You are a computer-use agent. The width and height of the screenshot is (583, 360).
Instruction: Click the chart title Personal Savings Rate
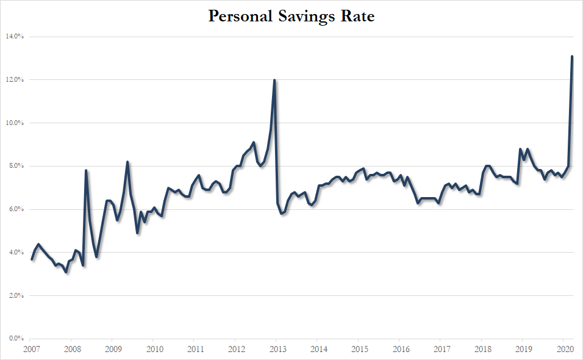(291, 16)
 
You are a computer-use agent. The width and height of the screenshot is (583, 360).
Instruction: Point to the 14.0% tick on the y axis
(15, 37)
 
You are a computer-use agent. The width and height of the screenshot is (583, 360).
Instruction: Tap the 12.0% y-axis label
(15, 80)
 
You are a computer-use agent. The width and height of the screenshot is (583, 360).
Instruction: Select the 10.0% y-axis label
(15, 123)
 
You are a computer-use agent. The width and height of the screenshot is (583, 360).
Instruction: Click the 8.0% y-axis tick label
(16, 166)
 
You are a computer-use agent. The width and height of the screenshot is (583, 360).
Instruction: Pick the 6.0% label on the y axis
(16, 209)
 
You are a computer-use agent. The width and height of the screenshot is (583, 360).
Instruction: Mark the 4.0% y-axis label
(16, 253)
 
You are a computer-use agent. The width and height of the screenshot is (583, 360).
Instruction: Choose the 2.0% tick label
(16, 296)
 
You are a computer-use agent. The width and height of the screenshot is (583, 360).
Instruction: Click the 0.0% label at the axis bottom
(16, 339)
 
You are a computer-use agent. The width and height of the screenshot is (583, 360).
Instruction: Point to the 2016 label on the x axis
(399, 350)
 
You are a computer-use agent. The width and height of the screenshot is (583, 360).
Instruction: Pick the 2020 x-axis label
(563, 350)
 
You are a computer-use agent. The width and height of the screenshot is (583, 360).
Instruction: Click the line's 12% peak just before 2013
(274, 81)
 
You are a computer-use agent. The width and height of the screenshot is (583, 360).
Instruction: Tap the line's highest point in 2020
(571, 57)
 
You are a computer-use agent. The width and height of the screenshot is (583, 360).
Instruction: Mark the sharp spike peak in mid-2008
(86, 171)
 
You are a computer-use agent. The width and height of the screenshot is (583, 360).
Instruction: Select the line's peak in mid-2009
(127, 162)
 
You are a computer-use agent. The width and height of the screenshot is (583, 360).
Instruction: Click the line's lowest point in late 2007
(66, 272)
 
